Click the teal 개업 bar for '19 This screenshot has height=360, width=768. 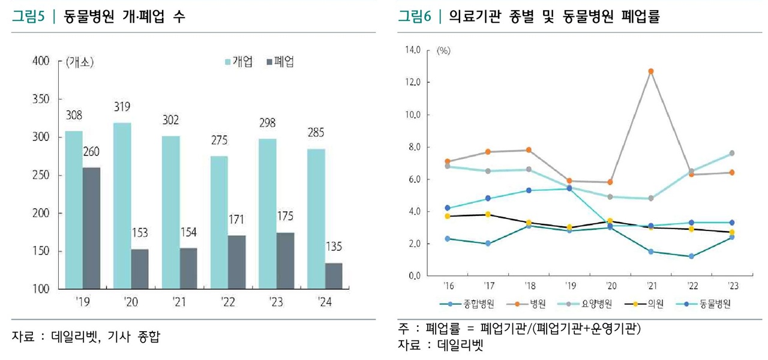[x=74, y=209]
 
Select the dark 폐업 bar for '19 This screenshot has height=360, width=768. [x=92, y=228]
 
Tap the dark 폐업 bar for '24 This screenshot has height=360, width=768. [x=333, y=276]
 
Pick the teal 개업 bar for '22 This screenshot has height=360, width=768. [x=219, y=223]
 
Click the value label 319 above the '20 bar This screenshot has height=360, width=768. [x=122, y=107]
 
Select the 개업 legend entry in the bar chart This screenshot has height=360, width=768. [x=239, y=62]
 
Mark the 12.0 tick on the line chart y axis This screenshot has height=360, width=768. [x=412, y=82]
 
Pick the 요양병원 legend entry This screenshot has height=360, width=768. [x=588, y=304]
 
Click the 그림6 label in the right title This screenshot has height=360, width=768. [x=415, y=17]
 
